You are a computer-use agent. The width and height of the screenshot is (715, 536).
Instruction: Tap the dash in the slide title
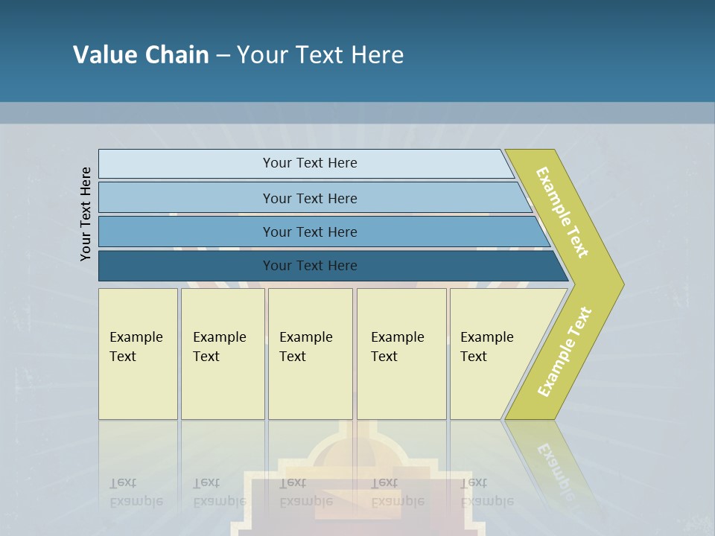pyautogui.click(x=223, y=55)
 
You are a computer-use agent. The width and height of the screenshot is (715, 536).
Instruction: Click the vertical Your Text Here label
pyautogui.click(x=86, y=214)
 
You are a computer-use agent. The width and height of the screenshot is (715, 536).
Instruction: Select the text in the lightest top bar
pyautogui.click(x=310, y=163)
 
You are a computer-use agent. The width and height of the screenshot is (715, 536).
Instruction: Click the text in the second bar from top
pyautogui.click(x=310, y=198)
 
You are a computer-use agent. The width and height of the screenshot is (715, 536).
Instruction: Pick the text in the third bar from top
pyautogui.click(x=310, y=232)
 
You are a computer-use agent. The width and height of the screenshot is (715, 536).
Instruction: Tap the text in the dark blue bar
pyautogui.click(x=310, y=266)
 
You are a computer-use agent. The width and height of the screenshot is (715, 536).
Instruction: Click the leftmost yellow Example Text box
pyautogui.click(x=138, y=353)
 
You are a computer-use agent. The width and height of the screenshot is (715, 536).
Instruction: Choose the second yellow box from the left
pyautogui.click(x=222, y=353)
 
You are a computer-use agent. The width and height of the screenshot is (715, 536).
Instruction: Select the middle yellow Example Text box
pyautogui.click(x=310, y=353)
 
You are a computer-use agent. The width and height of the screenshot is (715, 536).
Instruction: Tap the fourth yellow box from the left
pyautogui.click(x=401, y=353)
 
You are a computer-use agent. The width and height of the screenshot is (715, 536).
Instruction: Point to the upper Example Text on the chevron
pyautogui.click(x=563, y=212)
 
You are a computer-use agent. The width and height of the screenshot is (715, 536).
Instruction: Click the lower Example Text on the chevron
pyautogui.click(x=565, y=352)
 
